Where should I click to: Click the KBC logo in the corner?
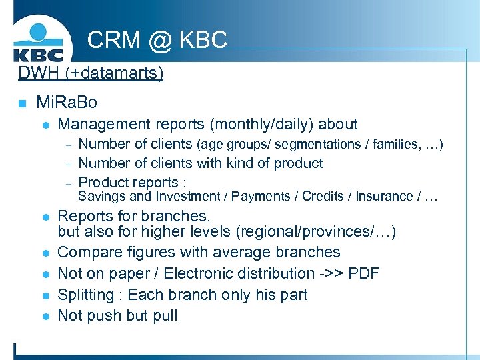38,41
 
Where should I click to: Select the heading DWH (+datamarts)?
91,73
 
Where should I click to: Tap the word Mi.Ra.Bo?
67,103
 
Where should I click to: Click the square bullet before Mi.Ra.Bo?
22,103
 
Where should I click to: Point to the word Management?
104,125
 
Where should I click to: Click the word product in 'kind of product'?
298,163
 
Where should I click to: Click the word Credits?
324,197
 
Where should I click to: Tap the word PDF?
364,273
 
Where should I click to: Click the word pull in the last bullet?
165,315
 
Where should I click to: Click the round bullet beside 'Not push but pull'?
45,316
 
